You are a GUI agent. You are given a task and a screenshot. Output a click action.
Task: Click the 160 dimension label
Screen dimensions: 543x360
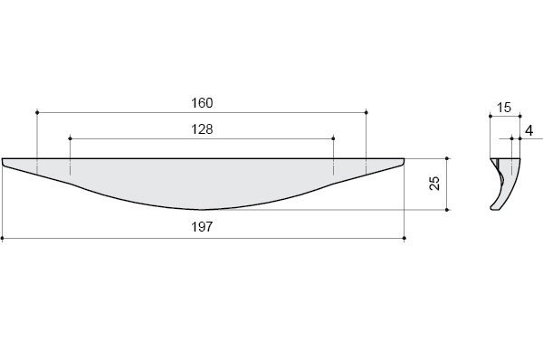(202, 103)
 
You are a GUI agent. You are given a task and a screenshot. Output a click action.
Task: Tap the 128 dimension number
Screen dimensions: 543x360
(202, 129)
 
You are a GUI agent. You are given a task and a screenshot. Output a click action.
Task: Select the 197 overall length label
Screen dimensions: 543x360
(202, 227)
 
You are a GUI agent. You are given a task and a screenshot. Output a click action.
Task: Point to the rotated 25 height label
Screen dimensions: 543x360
(434, 183)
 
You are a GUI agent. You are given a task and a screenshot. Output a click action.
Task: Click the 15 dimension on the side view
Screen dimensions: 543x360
(504, 108)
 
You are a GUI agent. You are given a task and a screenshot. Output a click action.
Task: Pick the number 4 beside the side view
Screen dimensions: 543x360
(529, 131)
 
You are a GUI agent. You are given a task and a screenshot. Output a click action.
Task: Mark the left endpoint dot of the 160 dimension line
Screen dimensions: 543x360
(37, 112)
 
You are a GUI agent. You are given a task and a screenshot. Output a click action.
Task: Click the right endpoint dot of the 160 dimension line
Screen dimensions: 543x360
(367, 112)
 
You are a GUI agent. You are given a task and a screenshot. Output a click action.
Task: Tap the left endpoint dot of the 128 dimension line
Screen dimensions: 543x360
(70, 138)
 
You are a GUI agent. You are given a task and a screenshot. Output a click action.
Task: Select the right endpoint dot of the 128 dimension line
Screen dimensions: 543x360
(333, 138)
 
